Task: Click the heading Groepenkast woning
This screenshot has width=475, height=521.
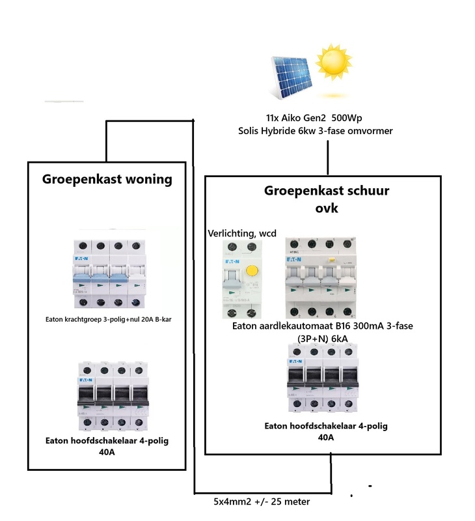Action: click(x=107, y=180)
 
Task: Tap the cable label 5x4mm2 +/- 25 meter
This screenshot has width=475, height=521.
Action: click(x=262, y=502)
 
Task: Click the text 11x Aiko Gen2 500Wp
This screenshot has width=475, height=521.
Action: click(x=315, y=118)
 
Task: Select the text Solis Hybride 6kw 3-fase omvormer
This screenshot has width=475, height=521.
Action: click(x=316, y=131)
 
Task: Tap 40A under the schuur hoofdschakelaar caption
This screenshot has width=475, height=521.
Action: click(x=325, y=438)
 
